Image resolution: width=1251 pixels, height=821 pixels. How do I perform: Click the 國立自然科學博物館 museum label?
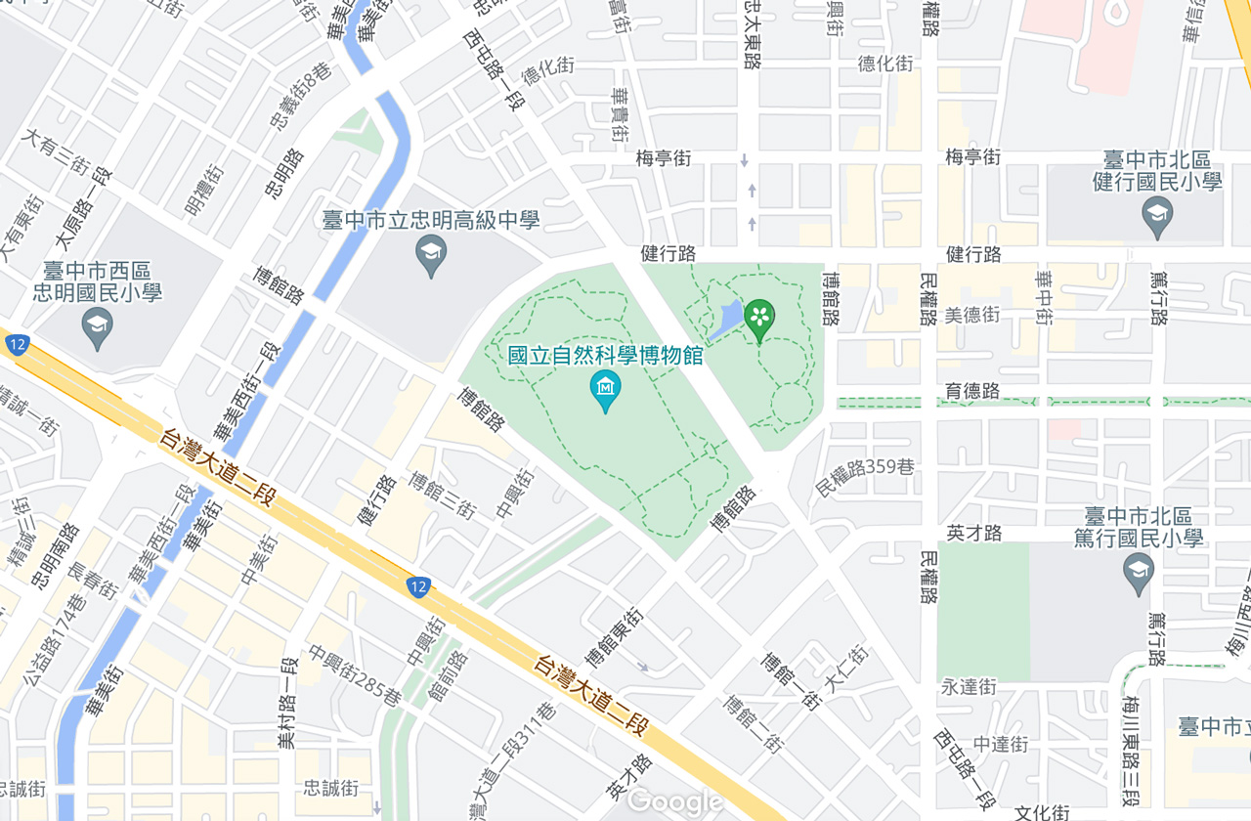[605, 355]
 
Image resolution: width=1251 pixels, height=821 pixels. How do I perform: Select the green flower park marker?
[759, 318]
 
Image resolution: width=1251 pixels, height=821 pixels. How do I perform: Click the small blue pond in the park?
[726, 321]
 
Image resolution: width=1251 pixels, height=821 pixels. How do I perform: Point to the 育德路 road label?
[972, 391]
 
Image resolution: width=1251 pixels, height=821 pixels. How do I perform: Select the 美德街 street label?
[972, 315]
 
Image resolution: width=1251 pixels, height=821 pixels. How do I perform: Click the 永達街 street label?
[969, 687]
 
